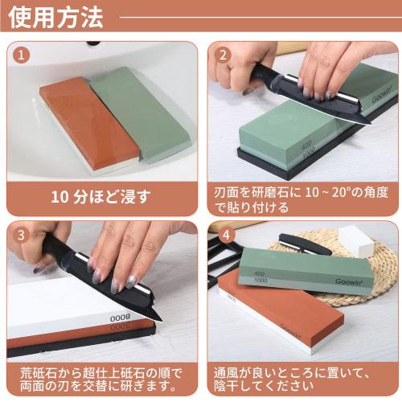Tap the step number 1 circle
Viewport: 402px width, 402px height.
[x=22, y=55]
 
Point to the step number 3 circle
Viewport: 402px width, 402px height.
[x=22, y=236]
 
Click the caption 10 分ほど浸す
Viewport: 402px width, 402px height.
[x=100, y=195]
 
